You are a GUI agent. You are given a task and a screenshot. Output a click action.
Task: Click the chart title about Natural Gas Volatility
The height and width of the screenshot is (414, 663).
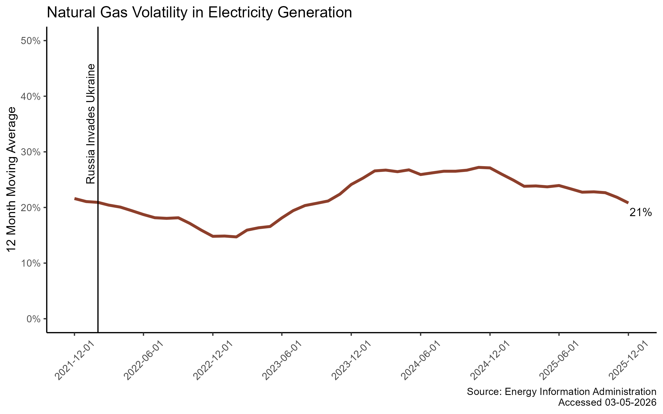tap(199, 13)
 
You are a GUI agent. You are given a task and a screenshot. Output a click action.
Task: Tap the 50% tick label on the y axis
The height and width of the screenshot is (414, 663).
tap(31, 41)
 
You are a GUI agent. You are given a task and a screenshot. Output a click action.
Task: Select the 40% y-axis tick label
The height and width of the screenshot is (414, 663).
tap(31, 97)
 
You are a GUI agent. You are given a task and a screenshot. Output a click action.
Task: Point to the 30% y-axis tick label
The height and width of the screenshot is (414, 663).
tap(31, 152)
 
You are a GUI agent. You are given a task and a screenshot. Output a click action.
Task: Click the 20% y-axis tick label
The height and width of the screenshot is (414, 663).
tap(31, 208)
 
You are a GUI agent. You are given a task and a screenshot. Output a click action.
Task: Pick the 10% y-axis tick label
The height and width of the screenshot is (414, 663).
tap(31, 263)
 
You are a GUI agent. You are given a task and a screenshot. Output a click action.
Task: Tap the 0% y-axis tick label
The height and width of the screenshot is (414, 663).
tap(33, 319)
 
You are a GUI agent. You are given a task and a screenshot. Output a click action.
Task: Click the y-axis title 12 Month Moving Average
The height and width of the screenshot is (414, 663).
tap(12, 179)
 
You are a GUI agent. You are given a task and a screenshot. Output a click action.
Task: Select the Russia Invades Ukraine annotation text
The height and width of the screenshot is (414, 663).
tap(91, 124)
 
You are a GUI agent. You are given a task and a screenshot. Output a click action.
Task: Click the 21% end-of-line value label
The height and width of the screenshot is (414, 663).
tap(641, 213)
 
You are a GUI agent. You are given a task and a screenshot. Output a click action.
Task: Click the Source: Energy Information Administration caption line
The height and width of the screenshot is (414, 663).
tap(561, 392)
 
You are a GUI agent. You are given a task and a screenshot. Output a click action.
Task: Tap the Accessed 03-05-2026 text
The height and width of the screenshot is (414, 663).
tap(607, 402)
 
